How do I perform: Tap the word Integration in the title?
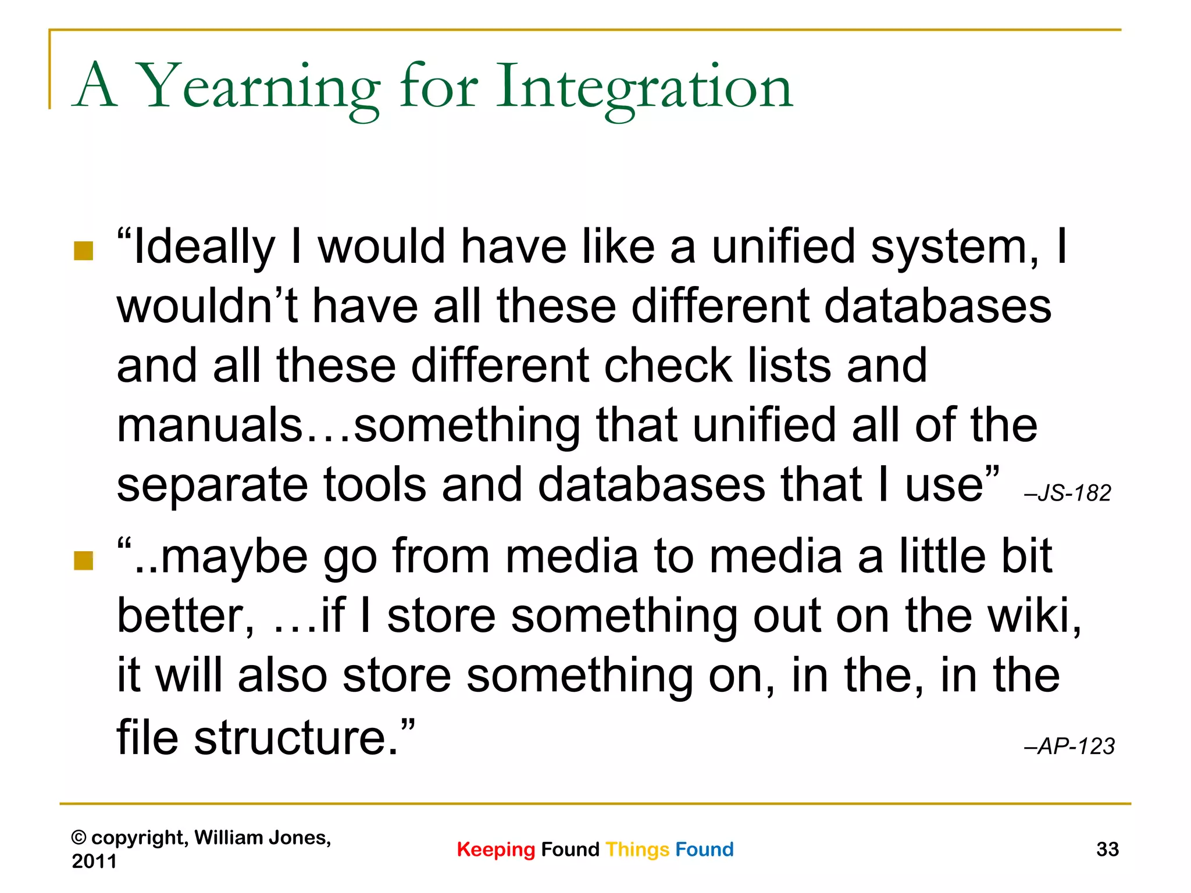coord(644,87)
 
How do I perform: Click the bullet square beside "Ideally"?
coord(84,251)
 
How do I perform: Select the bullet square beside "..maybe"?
coord(84,561)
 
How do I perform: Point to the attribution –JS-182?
coord(1068,494)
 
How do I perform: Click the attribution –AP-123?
coord(1069,746)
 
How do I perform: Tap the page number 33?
coord(1107,849)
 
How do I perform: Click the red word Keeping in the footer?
coord(495,849)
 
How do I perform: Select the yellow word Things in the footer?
coord(637,850)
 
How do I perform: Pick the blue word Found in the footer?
coord(704,849)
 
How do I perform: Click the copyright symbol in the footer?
coord(79,838)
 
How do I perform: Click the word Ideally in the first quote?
coord(204,248)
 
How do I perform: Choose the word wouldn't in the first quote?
coord(208,306)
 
